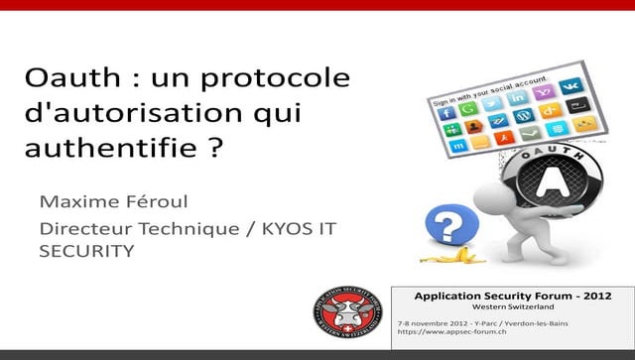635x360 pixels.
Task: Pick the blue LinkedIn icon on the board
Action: pos(517,98)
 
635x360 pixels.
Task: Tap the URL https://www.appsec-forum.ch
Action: pos(445,333)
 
